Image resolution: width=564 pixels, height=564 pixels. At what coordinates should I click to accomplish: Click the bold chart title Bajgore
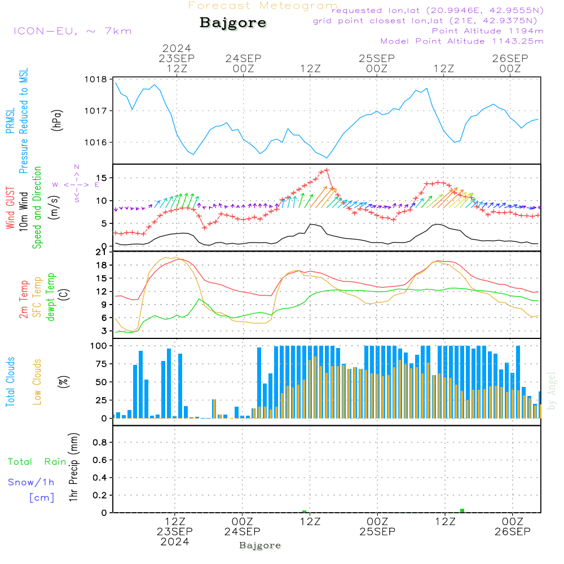[233, 23]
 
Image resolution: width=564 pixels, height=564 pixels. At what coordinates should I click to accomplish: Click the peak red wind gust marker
[327, 170]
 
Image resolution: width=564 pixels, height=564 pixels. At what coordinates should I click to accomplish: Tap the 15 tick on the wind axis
[103, 178]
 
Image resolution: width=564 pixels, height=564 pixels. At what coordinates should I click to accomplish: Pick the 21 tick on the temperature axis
[103, 252]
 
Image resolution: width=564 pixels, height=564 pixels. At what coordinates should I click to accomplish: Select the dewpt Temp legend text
[50, 297]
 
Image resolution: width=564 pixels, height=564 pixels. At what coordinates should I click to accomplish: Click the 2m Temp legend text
[24, 297]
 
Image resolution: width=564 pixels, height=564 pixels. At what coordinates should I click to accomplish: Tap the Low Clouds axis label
[37, 381]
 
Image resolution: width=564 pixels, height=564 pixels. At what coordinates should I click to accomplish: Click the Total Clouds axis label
[10, 382]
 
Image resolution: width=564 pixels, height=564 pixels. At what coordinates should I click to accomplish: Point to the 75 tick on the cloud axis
[100, 364]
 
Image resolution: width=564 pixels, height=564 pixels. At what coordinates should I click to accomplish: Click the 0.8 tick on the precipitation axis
[100, 443]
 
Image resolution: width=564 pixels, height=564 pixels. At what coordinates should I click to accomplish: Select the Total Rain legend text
[37, 462]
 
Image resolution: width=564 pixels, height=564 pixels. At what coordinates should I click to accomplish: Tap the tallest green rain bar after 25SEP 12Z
[462, 510]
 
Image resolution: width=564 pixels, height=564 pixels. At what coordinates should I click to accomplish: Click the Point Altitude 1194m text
[487, 30]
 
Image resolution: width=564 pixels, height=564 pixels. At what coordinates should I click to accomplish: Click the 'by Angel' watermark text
[552, 390]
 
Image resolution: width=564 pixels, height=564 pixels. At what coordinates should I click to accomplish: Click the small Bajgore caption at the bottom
[260, 545]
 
